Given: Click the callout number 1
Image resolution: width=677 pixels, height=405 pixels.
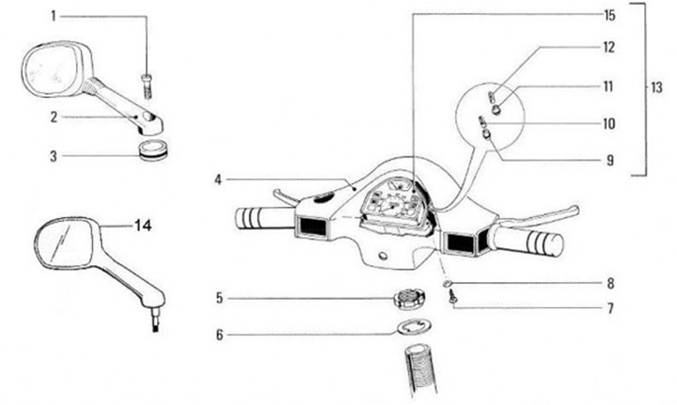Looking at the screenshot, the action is [x=53, y=16].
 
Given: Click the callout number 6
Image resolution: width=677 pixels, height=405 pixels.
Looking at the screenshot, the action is [x=220, y=334].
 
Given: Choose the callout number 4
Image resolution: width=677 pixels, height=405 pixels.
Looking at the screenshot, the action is [x=218, y=179].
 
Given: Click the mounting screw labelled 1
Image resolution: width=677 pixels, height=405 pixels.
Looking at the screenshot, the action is [x=148, y=82].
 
